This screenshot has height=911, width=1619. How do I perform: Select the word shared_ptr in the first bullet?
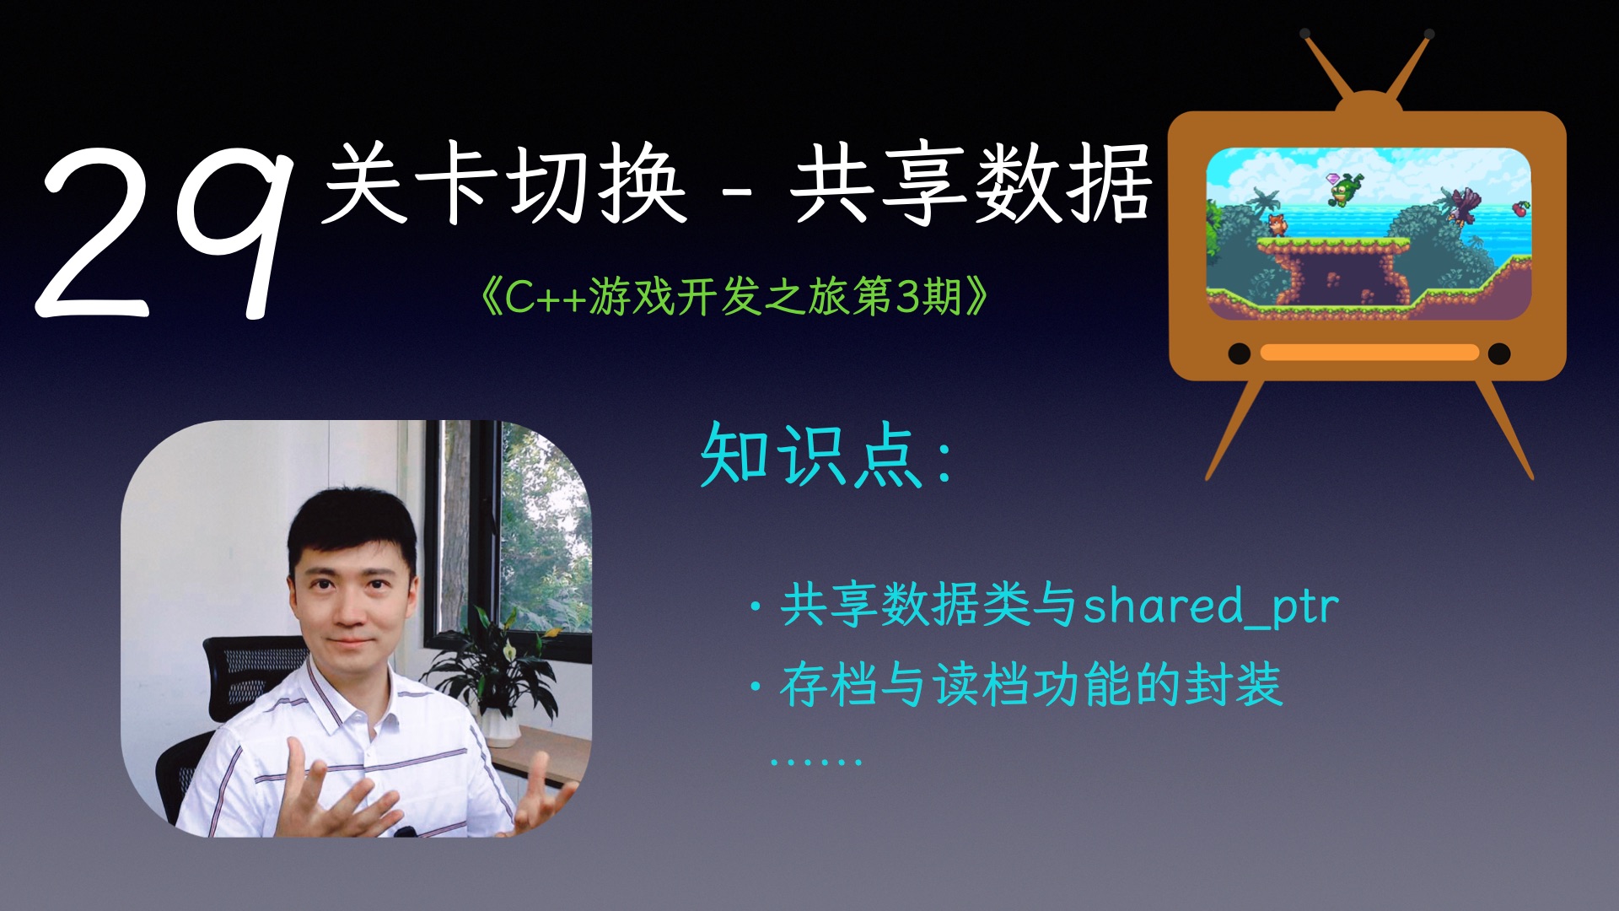tap(1211, 606)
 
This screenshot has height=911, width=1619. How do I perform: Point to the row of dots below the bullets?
tap(815, 762)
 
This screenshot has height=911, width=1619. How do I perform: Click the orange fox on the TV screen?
tap(1277, 224)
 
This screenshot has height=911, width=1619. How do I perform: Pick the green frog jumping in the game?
tap(1347, 189)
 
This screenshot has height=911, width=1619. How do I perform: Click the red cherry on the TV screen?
tap(1519, 208)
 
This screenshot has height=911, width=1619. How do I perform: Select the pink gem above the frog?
tap(1332, 179)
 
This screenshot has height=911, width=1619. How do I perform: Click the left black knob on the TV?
tap(1239, 353)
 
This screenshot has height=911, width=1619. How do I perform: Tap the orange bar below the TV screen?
tap(1369, 353)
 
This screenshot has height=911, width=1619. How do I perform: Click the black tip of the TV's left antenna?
tap(1304, 35)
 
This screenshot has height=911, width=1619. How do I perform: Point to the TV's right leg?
tap(1505, 430)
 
